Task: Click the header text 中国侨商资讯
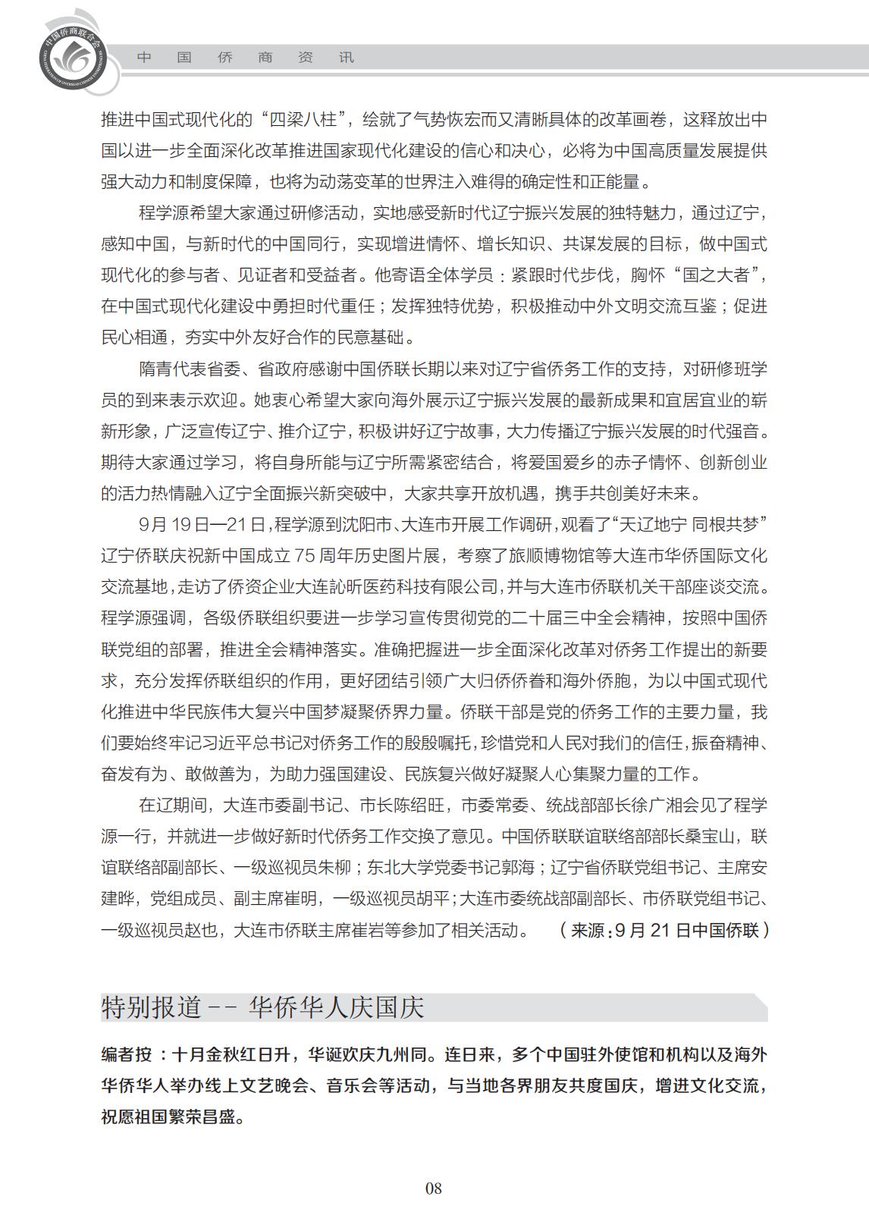[x=246, y=58]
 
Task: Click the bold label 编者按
[x=127, y=1055]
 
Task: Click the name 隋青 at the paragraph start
[x=158, y=369]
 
